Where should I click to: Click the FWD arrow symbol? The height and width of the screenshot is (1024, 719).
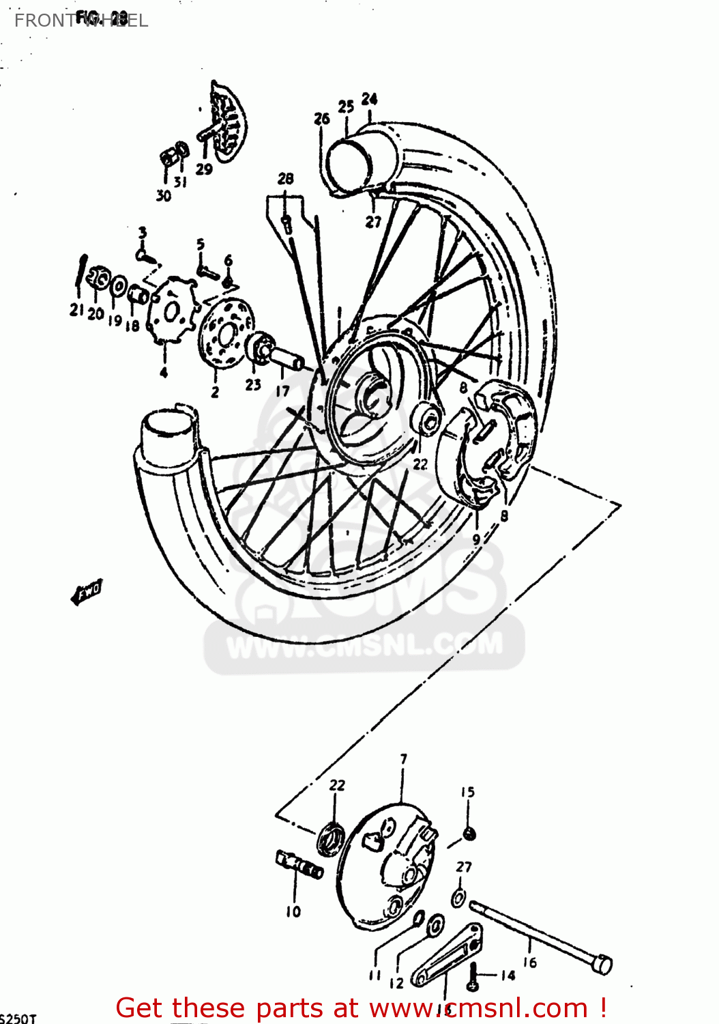[x=87, y=592]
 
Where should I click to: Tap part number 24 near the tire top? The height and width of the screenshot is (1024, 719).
[x=369, y=99]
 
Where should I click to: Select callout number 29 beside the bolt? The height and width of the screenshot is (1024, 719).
[x=204, y=169]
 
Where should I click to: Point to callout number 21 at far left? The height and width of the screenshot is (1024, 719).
[x=76, y=310]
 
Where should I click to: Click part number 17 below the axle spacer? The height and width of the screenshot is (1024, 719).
[x=282, y=391]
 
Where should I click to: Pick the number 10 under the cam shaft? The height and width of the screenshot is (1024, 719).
[x=293, y=911]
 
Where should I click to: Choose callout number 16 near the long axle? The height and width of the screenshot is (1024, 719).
[x=530, y=963]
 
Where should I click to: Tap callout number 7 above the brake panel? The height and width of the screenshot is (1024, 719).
[x=403, y=759]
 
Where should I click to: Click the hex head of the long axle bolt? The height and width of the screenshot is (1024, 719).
[x=602, y=965]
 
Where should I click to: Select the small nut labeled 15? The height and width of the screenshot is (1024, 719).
[x=469, y=834]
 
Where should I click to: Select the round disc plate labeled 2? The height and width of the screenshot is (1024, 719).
[x=226, y=334]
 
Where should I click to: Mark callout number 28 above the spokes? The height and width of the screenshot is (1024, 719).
[x=285, y=179]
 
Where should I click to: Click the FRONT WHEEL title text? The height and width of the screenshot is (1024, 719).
[x=80, y=20]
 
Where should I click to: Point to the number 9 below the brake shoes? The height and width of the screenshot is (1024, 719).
[x=476, y=539]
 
